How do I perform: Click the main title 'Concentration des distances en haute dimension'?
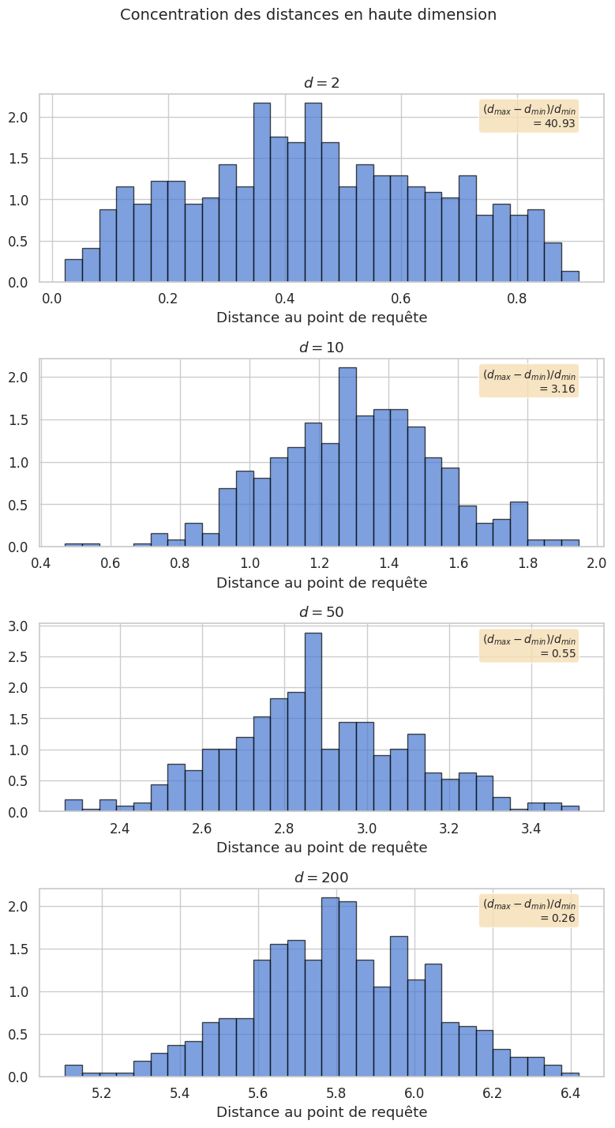(x=307, y=14)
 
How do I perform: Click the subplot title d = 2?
(x=321, y=83)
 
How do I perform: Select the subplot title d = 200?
(x=321, y=877)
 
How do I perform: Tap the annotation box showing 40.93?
(x=529, y=115)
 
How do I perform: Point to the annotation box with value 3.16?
(x=529, y=380)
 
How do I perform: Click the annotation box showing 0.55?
(x=529, y=645)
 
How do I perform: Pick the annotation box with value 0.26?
(x=529, y=910)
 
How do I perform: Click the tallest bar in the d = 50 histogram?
(x=313, y=722)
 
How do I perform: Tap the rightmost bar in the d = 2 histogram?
(x=570, y=276)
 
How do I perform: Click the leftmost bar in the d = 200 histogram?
(x=73, y=1070)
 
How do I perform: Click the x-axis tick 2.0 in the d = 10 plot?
(x=596, y=563)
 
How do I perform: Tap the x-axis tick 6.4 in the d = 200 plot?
(x=570, y=1093)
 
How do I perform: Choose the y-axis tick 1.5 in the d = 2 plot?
(x=22, y=159)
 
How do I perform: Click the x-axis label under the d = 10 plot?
(x=321, y=583)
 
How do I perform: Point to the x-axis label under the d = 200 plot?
(x=321, y=1112)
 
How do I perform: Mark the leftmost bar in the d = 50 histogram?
(x=73, y=805)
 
